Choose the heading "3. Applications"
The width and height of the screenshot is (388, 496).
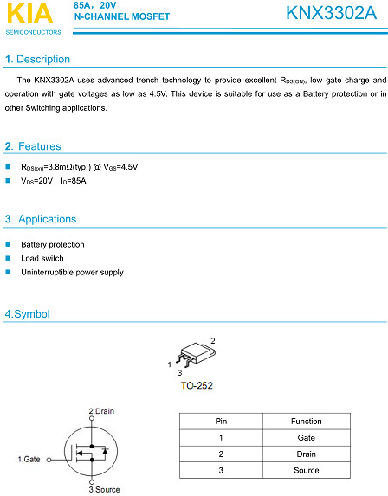(41, 219)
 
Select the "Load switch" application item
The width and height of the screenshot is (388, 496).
(42, 258)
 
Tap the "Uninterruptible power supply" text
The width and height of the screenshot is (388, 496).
(72, 272)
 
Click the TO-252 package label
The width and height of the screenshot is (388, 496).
(197, 385)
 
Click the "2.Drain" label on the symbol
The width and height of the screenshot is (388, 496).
(101, 410)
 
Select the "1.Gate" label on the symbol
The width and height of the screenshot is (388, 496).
(29, 458)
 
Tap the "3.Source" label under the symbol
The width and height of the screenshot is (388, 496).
(105, 489)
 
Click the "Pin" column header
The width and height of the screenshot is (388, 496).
(221, 422)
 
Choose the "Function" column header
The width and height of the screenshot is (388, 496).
(306, 422)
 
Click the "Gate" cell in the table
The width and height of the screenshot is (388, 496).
(306, 438)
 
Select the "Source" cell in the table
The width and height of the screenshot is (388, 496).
(306, 470)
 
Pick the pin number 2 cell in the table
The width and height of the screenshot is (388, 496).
(221, 454)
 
